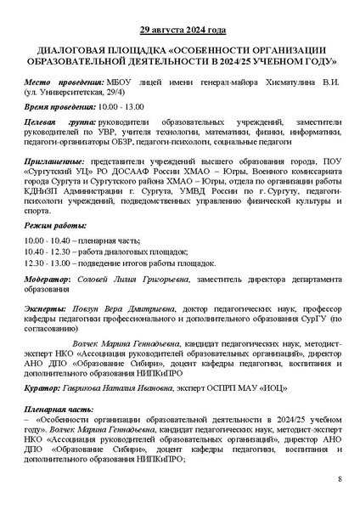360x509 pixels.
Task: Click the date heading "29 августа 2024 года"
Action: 181,31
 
